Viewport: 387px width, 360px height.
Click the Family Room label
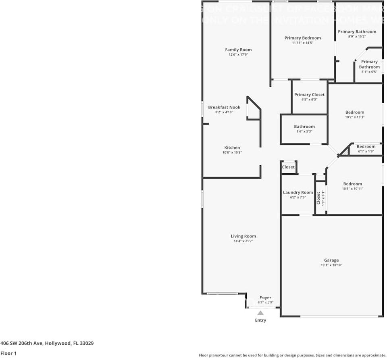pyautogui.click(x=238, y=50)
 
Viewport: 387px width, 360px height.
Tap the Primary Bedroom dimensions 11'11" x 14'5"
pyautogui.click(x=302, y=43)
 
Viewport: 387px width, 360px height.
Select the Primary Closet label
pyautogui.click(x=309, y=95)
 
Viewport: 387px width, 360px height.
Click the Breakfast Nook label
pyautogui.click(x=224, y=107)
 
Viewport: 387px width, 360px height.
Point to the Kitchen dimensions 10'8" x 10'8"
pyautogui.click(x=232, y=152)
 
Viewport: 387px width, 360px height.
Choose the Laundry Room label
pyautogui.click(x=298, y=193)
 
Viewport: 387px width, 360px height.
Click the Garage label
pyautogui.click(x=331, y=260)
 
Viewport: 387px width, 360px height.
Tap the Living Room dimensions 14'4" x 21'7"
pyautogui.click(x=243, y=241)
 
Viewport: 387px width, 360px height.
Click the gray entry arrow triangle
pyautogui.click(x=260, y=313)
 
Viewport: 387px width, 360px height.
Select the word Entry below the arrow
pyautogui.click(x=260, y=320)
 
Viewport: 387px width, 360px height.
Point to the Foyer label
pyautogui.click(x=265, y=298)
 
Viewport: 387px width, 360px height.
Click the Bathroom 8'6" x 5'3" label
pyautogui.click(x=304, y=127)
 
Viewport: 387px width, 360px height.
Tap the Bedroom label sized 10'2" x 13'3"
pyautogui.click(x=355, y=112)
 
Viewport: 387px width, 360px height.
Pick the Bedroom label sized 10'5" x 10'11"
pyautogui.click(x=353, y=184)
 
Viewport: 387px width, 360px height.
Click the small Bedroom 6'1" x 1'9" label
pyautogui.click(x=366, y=147)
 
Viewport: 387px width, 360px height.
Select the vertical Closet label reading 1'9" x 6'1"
pyautogui.click(x=318, y=198)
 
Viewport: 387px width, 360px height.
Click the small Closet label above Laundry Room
pyautogui.click(x=288, y=167)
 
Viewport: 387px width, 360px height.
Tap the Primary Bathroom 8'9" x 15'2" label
pyautogui.click(x=357, y=31)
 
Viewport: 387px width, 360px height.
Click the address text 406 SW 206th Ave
pyautogui.click(x=24, y=343)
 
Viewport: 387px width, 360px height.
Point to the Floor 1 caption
pyautogui.click(x=9, y=353)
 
